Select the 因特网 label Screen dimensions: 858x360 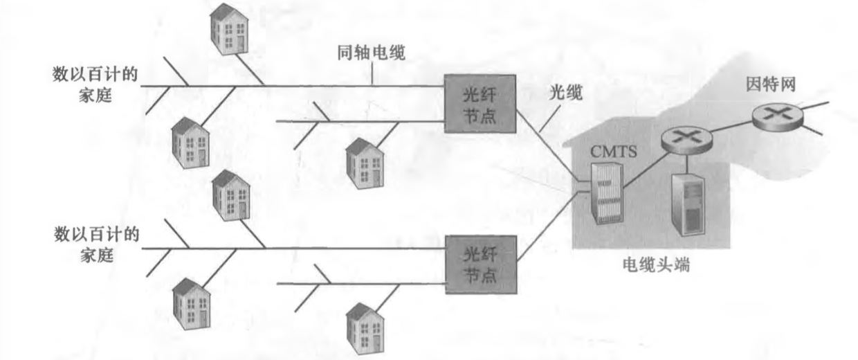click(771, 84)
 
